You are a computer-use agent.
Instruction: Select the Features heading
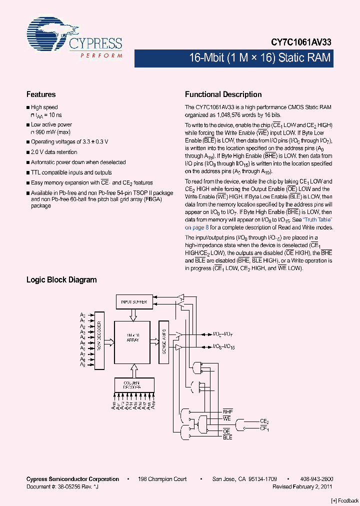click(x=41, y=94)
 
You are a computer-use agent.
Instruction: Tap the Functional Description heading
click(x=223, y=94)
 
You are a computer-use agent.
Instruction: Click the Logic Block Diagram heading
click(x=61, y=280)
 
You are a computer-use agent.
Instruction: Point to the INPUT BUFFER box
click(x=133, y=302)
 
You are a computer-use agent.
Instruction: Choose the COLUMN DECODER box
click(x=133, y=384)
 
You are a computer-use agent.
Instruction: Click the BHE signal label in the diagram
click(x=227, y=411)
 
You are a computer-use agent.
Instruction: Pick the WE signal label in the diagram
click(x=227, y=418)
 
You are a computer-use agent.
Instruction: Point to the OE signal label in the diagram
click(x=226, y=431)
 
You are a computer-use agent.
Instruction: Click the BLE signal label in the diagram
click(x=227, y=437)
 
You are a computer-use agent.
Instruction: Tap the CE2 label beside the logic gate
click(x=264, y=422)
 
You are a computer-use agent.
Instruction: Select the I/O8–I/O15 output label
click(x=224, y=347)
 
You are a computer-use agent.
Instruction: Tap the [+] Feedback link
click(x=344, y=500)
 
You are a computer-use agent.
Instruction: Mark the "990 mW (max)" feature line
click(x=52, y=131)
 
